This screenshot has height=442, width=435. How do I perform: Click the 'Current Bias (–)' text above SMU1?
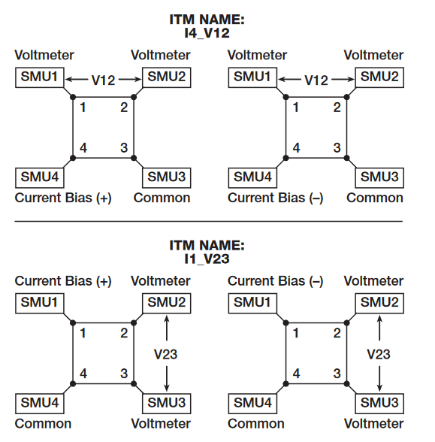tap(276, 281)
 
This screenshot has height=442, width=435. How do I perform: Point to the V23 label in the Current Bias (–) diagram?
tap(379, 353)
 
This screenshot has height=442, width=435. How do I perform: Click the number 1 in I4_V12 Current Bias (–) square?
tap(296, 107)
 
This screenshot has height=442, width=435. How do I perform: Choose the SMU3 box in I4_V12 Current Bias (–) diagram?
tap(379, 177)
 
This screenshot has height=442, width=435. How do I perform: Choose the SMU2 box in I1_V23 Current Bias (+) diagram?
tap(165, 303)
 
